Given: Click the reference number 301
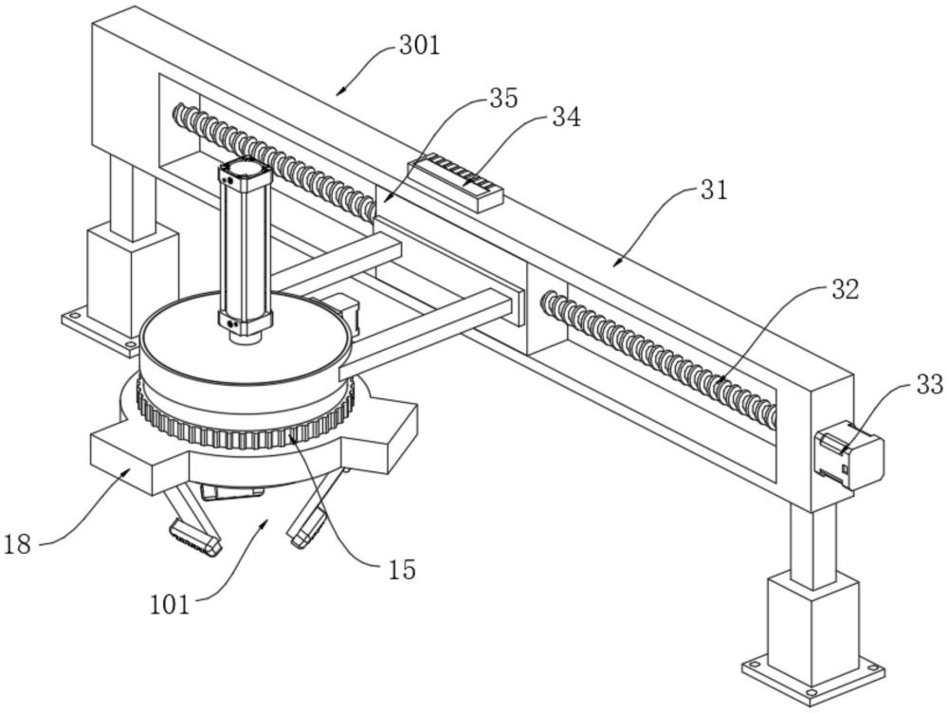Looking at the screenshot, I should tap(420, 46).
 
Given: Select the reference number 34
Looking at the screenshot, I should tap(566, 118).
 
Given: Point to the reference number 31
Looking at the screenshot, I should tap(712, 190).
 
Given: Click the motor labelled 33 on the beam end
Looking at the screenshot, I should tap(848, 459).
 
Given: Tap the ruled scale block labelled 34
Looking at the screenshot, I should tap(455, 182).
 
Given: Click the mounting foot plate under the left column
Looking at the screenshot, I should tap(100, 328).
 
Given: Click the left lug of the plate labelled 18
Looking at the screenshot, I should tap(123, 460).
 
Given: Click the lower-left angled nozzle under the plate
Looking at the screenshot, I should tap(194, 534).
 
